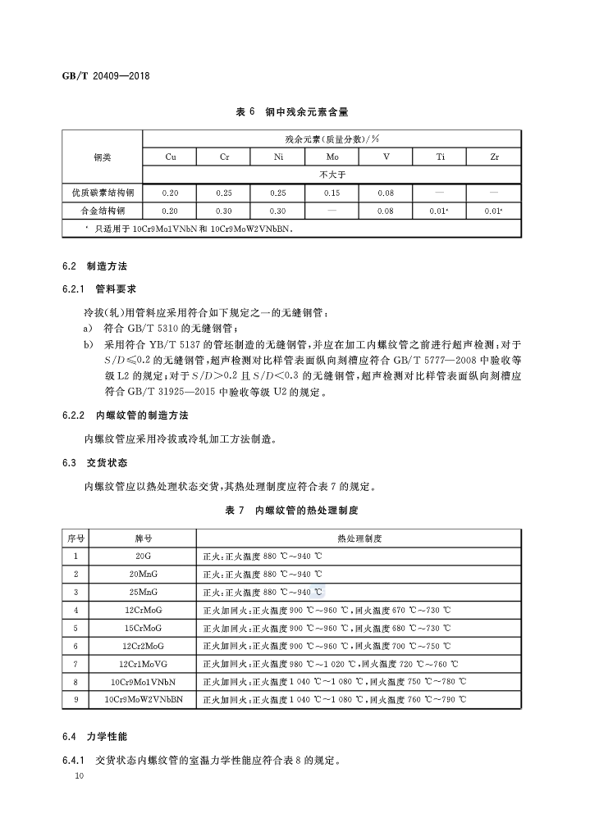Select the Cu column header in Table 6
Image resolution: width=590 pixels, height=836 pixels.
click(x=170, y=157)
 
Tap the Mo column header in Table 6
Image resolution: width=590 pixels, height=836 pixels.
click(x=332, y=157)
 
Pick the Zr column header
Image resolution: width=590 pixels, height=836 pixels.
click(x=494, y=157)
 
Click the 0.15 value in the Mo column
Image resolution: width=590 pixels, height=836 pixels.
click(x=332, y=193)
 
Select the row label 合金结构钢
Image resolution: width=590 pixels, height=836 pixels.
click(x=103, y=211)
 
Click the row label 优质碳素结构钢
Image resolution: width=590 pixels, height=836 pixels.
click(x=103, y=193)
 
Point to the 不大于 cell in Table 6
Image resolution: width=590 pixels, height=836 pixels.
click(x=332, y=175)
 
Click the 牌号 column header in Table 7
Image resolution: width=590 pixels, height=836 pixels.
click(x=143, y=538)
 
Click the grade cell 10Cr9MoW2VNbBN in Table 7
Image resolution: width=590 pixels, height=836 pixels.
click(x=143, y=700)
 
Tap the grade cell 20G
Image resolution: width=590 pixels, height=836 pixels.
click(x=143, y=556)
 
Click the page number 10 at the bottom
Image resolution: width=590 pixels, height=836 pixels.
click(x=79, y=775)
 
